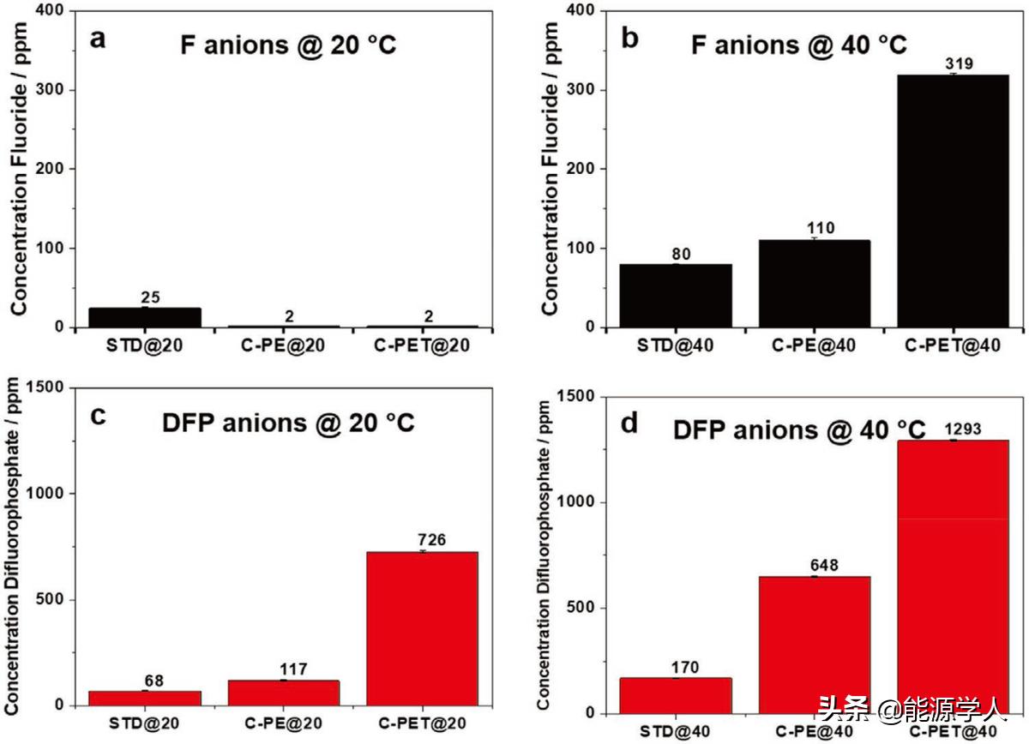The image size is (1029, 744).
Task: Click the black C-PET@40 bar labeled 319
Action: click(953, 201)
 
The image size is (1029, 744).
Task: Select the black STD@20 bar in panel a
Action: click(145, 318)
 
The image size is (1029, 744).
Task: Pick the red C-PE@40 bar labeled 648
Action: click(815, 645)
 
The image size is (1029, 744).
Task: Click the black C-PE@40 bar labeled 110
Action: click(815, 284)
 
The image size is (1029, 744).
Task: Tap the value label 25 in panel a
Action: click(151, 297)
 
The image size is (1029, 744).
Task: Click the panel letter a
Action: click(99, 39)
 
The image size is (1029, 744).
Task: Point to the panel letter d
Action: click(630, 423)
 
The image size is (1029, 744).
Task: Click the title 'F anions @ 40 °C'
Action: click(798, 45)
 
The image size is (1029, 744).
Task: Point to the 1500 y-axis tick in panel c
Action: click(50, 387)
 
